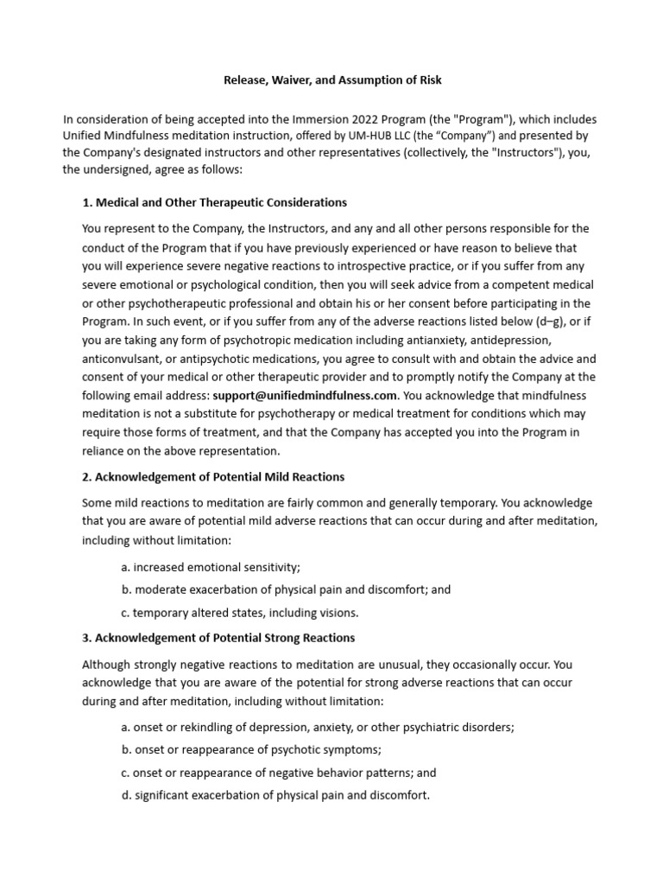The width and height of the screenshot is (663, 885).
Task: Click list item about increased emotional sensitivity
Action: click(211, 567)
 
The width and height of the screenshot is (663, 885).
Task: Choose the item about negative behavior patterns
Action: click(279, 773)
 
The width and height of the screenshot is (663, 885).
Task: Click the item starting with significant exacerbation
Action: click(275, 795)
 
